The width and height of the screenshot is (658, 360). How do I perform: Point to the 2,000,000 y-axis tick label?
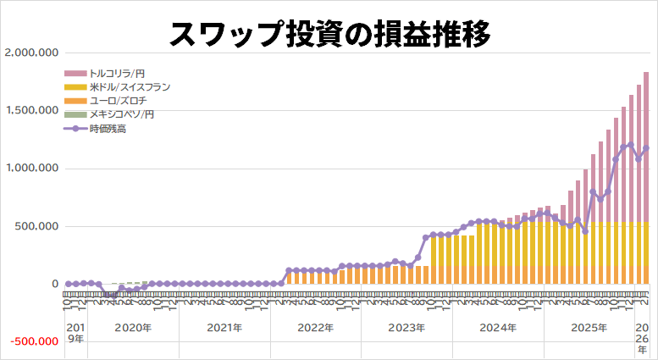point(30,53)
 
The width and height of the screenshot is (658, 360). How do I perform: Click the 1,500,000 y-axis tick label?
point(30,111)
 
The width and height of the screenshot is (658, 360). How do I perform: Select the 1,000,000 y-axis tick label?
point(30,169)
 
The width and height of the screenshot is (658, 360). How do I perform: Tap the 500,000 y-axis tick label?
point(36,227)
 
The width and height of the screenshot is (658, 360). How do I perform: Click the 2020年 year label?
point(133,328)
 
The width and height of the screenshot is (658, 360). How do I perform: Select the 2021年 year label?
point(224,328)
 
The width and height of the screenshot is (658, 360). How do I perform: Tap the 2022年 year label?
point(315,328)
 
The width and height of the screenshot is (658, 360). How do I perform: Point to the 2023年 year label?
point(406,328)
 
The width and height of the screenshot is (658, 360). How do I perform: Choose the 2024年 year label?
point(498,328)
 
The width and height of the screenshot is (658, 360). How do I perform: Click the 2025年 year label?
point(589,328)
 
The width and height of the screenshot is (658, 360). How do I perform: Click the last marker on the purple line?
point(646,148)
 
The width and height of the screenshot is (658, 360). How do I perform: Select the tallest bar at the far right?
point(646,178)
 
